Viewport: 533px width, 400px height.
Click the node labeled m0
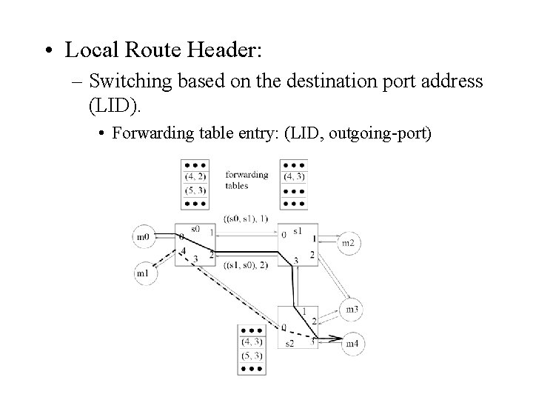(144, 237)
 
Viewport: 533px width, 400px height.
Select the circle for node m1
(144, 273)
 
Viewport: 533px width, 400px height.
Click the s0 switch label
(195, 230)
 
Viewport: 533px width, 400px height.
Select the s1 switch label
(298, 231)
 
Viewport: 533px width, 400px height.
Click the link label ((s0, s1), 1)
(245, 218)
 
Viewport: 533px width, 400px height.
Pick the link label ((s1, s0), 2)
(246, 265)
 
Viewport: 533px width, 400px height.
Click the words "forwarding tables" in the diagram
(247, 180)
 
